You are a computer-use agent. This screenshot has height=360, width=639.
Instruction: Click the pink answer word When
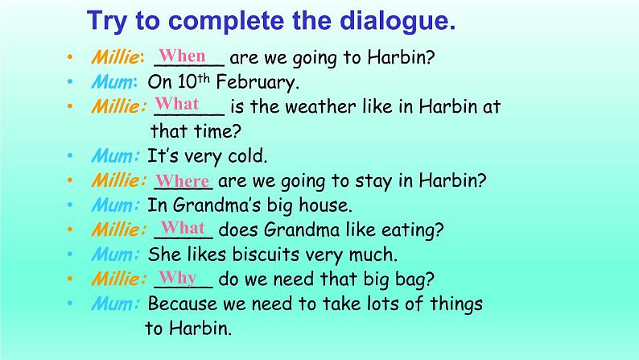pyautogui.click(x=182, y=55)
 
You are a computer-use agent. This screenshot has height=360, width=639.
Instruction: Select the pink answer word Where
pyautogui.click(x=183, y=180)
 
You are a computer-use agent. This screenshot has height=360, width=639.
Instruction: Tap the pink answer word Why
pyautogui.click(x=178, y=279)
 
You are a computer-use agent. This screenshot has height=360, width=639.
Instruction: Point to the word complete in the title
pyautogui.click(x=226, y=22)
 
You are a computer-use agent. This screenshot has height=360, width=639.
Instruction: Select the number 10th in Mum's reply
pyautogui.click(x=194, y=81)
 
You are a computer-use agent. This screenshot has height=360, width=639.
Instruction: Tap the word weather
pyautogui.click(x=320, y=107)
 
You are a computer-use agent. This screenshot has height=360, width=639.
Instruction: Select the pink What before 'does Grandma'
pyautogui.click(x=183, y=227)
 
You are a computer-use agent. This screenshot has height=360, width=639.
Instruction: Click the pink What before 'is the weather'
pyautogui.click(x=177, y=104)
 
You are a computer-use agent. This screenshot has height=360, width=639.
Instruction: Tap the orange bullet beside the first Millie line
pyautogui.click(x=70, y=56)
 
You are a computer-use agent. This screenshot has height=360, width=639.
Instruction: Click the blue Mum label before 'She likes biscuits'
pyautogui.click(x=113, y=254)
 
